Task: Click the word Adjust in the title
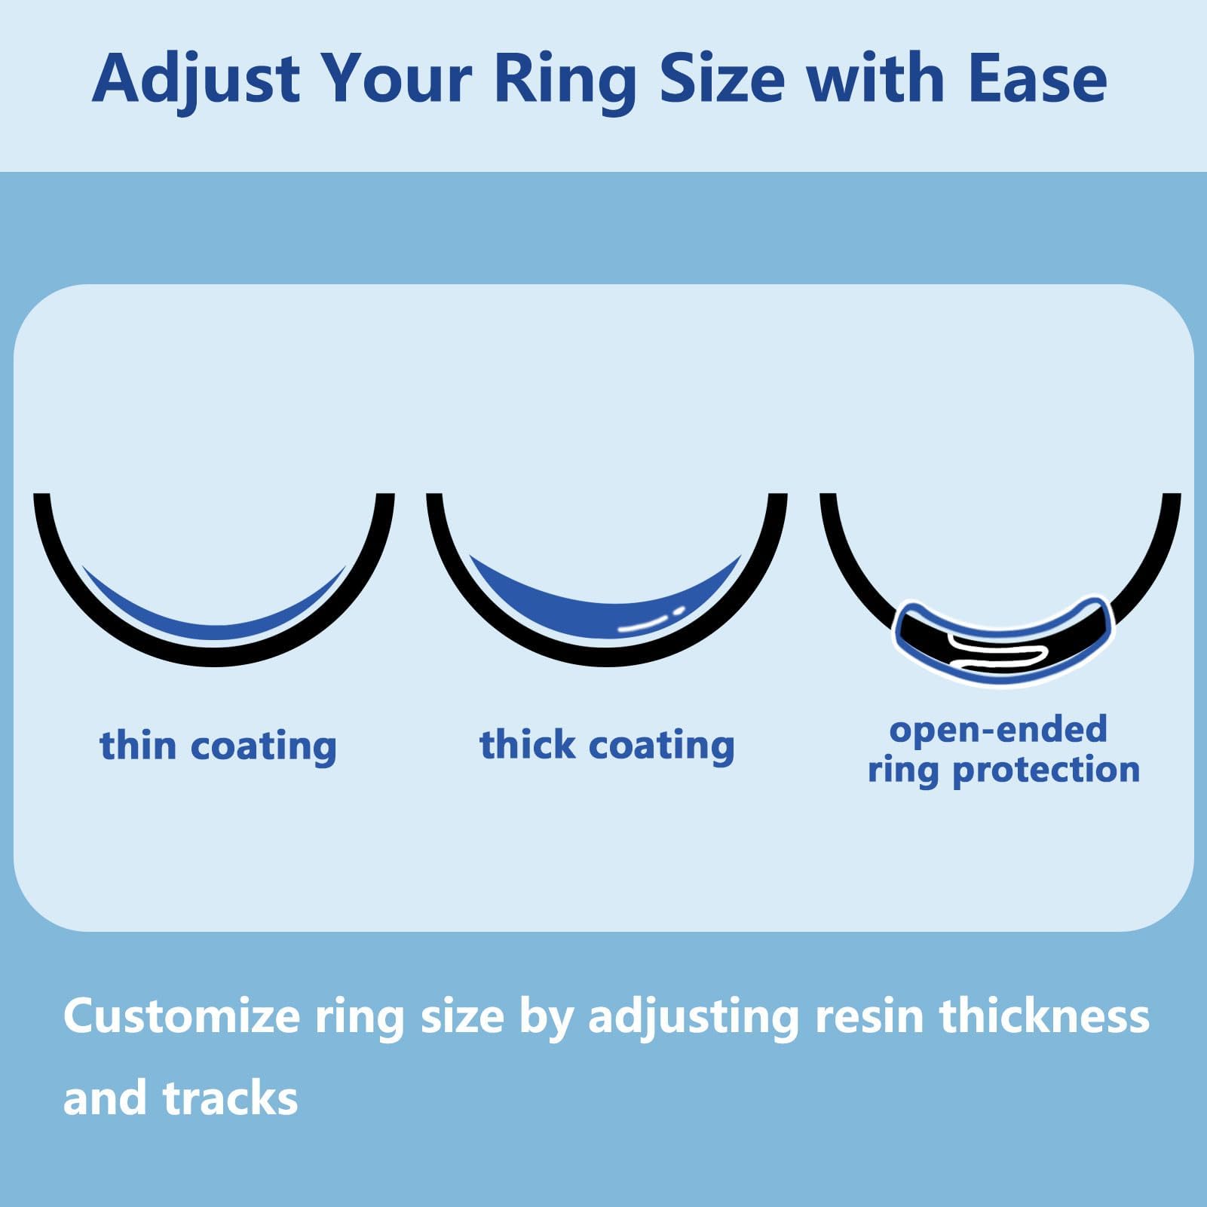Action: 196,79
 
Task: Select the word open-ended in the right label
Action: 998,729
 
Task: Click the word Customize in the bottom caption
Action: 182,1016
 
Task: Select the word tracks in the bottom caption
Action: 230,1098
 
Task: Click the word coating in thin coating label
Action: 263,746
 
